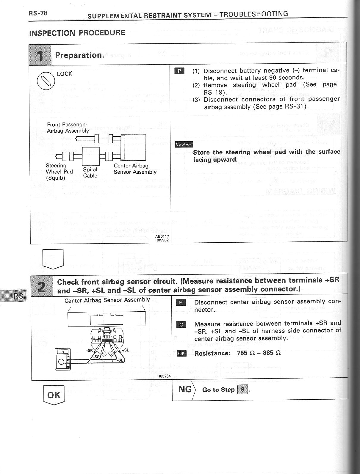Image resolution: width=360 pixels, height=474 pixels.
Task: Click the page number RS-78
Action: pyautogui.click(x=38, y=13)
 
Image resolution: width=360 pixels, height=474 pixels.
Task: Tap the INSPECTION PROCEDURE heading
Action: pyautogui.click(x=77, y=33)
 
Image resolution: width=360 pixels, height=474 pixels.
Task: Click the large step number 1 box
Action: pyautogui.click(x=40, y=55)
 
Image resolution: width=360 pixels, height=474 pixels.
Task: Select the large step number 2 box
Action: pyautogui.click(x=42, y=286)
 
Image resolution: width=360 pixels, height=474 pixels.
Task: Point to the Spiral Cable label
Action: pyautogui.click(x=90, y=172)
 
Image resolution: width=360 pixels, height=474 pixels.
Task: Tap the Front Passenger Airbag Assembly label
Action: pyautogui.click(x=68, y=128)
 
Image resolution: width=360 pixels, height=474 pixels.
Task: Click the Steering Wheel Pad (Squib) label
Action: pyautogui.click(x=59, y=172)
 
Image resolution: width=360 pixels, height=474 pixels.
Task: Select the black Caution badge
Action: pyautogui.click(x=184, y=144)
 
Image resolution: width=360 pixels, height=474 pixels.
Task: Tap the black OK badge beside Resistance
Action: pyautogui.click(x=181, y=353)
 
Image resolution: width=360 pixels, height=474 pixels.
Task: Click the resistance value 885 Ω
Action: pyautogui.click(x=272, y=353)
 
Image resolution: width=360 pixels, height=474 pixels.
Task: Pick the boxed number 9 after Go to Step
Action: pyautogui.click(x=242, y=389)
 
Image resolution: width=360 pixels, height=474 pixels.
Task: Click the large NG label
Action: pyautogui.click(x=185, y=389)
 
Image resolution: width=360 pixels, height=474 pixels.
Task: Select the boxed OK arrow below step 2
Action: pyautogui.click(x=54, y=395)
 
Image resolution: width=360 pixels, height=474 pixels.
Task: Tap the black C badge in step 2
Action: pyautogui.click(x=181, y=324)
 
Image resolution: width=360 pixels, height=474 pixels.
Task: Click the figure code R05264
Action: pyautogui.click(x=164, y=376)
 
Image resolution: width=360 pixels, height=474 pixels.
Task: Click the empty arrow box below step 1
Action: pyautogui.click(x=54, y=258)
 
